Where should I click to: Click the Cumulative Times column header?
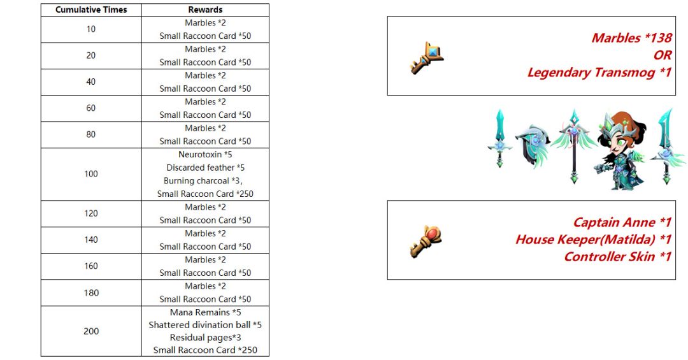pos(91,10)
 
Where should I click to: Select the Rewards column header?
pos(205,10)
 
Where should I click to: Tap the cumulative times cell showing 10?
pos(91,29)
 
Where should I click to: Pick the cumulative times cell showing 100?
pos(91,174)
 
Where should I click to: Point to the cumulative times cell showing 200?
pos(91,331)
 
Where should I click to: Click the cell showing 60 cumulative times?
pos(91,108)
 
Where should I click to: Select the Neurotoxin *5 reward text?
pos(205,155)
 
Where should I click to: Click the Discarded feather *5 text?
pos(205,168)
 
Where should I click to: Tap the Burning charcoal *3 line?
pos(203,181)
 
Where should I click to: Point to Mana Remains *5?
pos(205,313)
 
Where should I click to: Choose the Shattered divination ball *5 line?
pos(205,325)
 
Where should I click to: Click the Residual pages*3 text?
pos(205,338)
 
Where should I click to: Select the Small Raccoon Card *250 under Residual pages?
pos(205,350)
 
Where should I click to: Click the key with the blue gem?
pos(426,58)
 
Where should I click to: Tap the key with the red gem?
pos(426,241)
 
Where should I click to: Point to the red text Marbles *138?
pos(631,38)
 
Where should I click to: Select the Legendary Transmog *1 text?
pos(599,73)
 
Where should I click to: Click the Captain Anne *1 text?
pos(622,222)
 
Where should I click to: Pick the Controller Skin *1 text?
pos(618,256)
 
